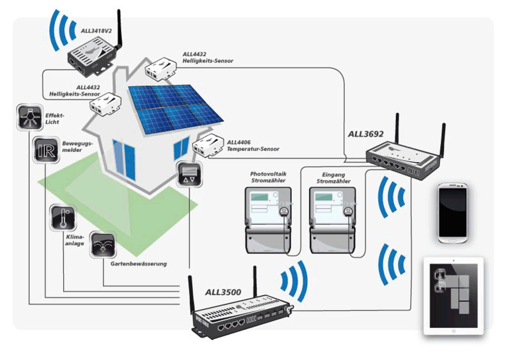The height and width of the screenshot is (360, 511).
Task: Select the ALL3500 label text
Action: point(223,293)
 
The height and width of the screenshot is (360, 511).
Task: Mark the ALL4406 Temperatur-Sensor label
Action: point(253,145)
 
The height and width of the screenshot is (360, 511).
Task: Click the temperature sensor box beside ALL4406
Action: point(207,147)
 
